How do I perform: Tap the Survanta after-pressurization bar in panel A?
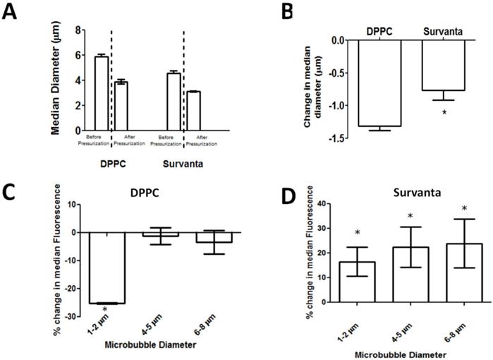[193, 111]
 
